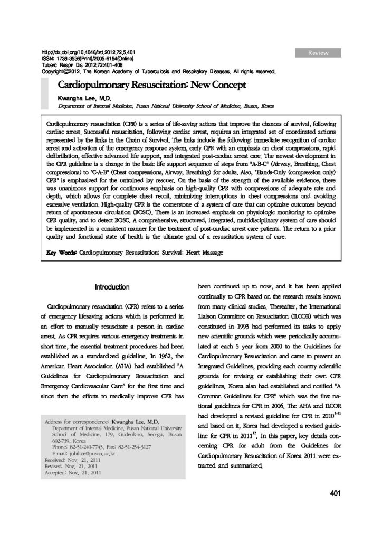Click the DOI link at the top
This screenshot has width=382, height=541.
[x=89, y=53]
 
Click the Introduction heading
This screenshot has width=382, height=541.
[x=111, y=287]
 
